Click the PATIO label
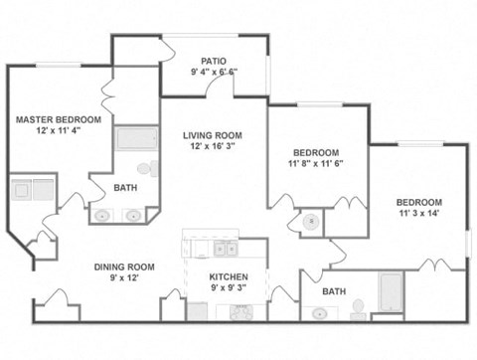(215, 61)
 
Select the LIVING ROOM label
(213, 136)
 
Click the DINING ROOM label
(124, 267)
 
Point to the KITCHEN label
(228, 276)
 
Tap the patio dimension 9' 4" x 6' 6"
(215, 73)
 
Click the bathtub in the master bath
(136, 138)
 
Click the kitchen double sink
(225, 248)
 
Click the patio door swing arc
(221, 87)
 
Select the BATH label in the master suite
(126, 187)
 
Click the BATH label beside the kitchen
(335, 291)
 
